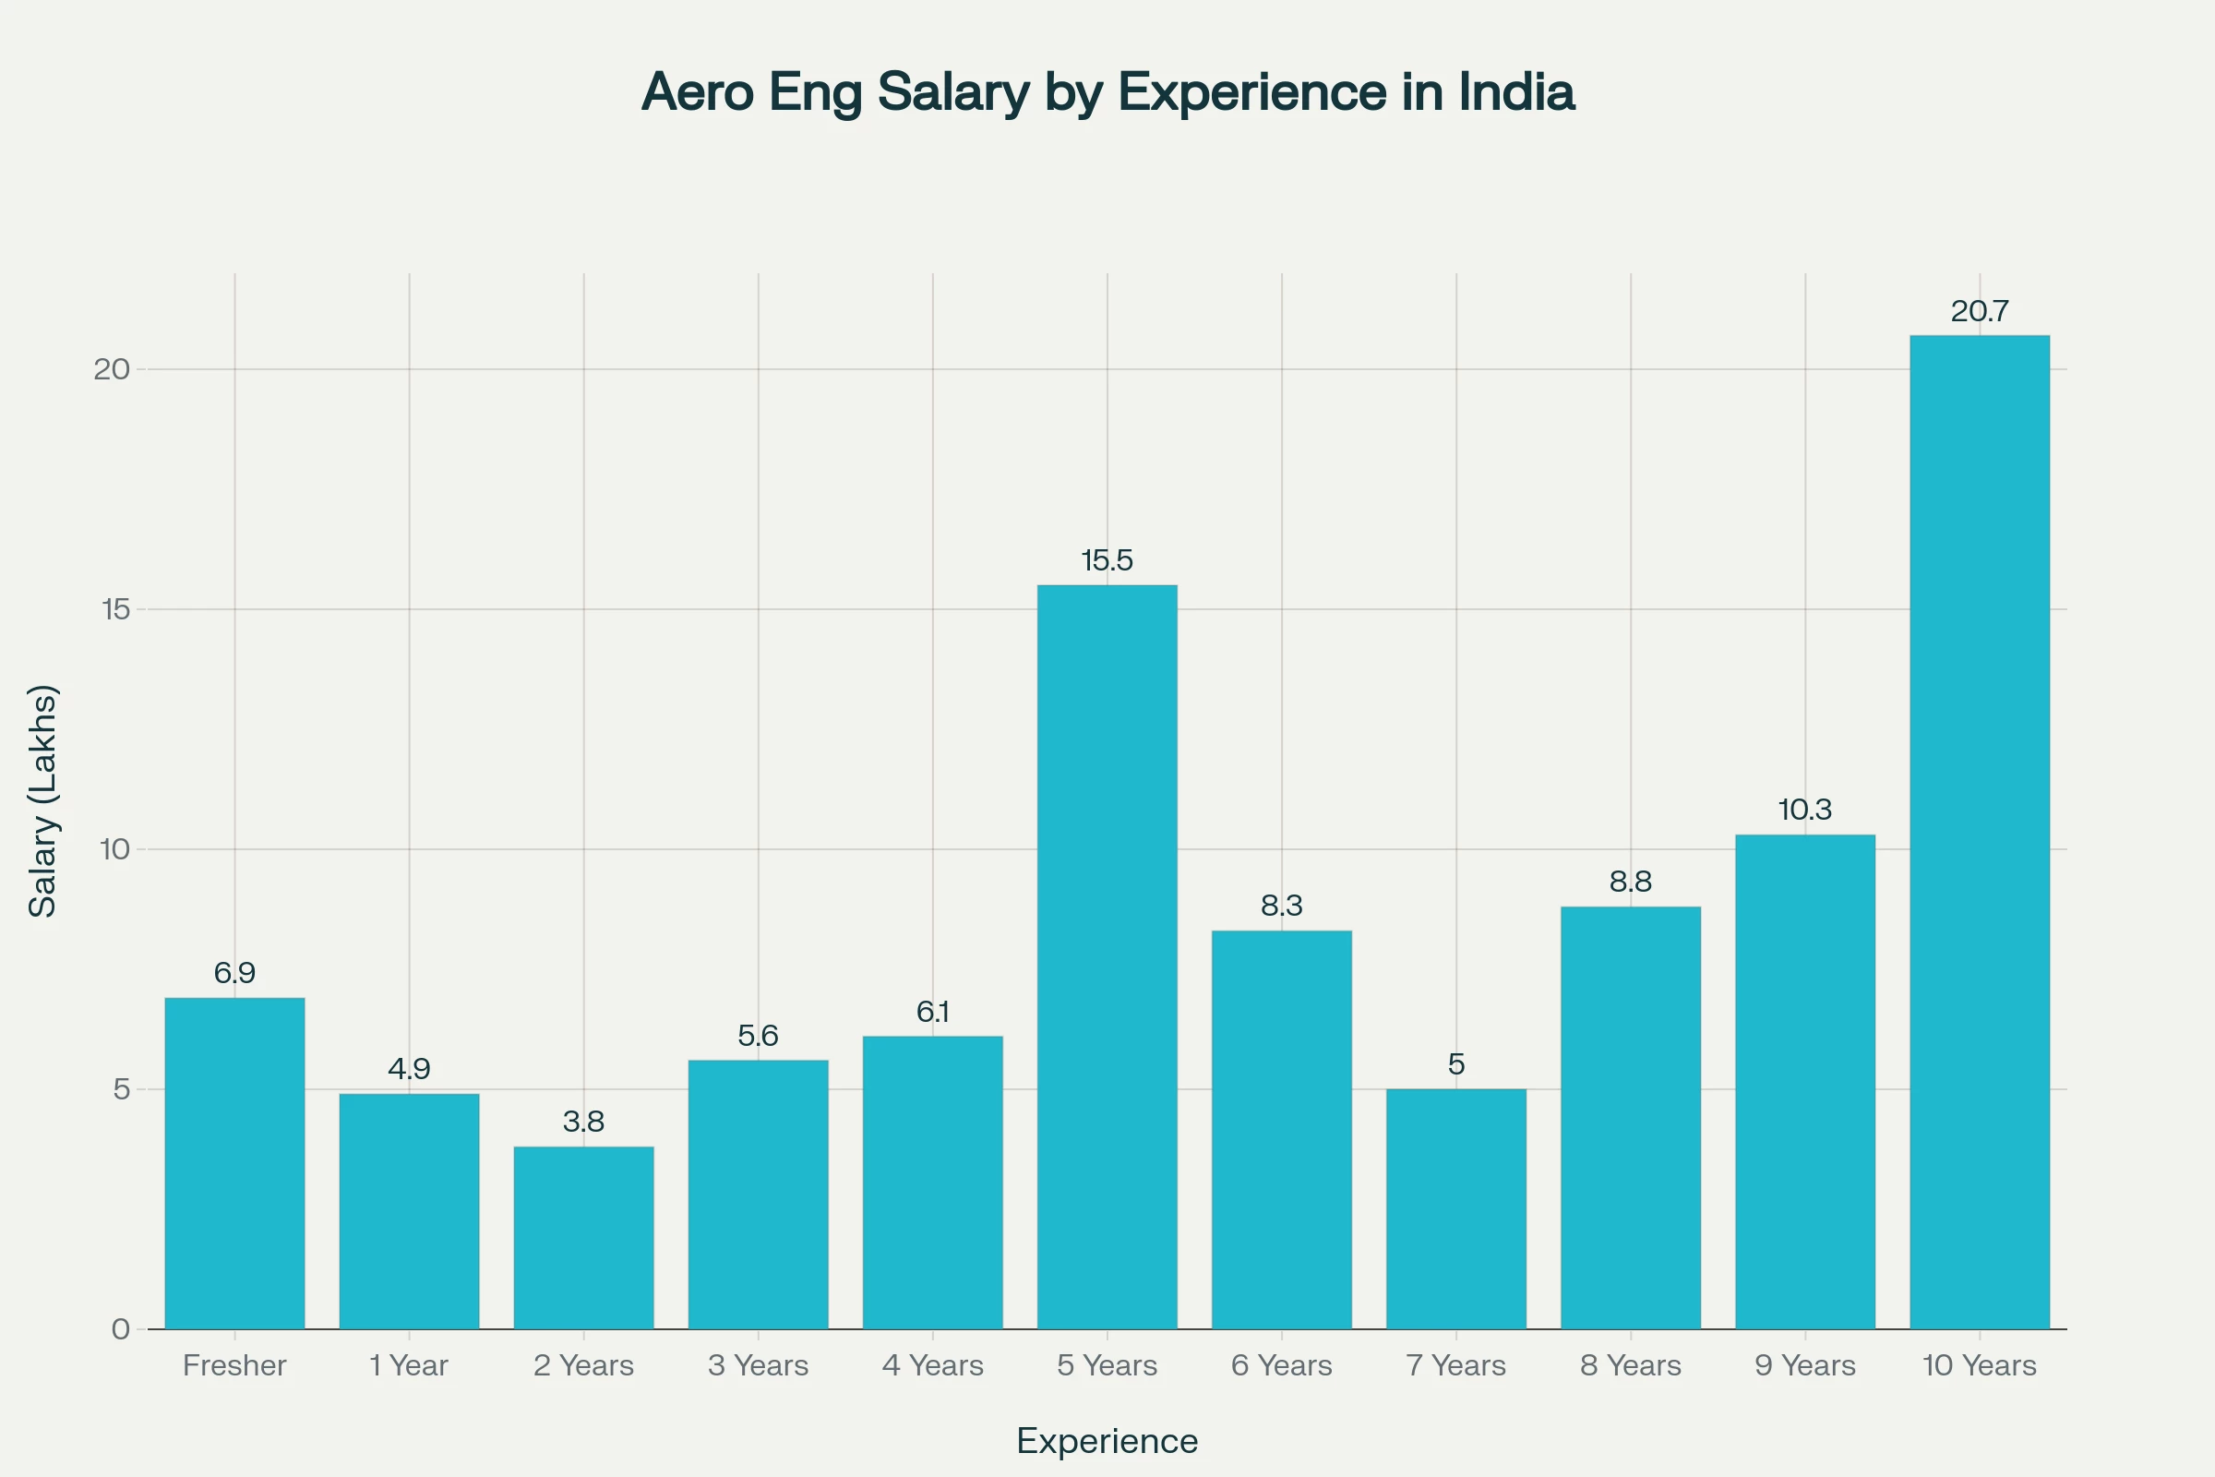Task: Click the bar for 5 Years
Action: click(1107, 956)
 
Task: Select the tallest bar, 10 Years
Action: click(1979, 832)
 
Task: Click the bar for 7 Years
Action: click(1456, 1208)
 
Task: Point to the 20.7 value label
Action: click(1979, 311)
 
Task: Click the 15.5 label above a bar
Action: click(1107, 560)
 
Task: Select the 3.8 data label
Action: click(583, 1121)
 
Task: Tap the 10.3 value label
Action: click(1804, 810)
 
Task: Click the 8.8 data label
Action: click(1630, 882)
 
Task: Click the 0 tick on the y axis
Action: click(121, 1329)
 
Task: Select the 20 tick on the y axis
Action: click(112, 369)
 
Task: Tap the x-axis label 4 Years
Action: click(932, 1365)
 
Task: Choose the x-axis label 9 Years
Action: click(1804, 1365)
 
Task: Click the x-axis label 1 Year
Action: click(409, 1365)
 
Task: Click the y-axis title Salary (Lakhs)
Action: click(43, 800)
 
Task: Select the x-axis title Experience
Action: click(1107, 1440)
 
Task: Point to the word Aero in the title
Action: click(698, 92)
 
